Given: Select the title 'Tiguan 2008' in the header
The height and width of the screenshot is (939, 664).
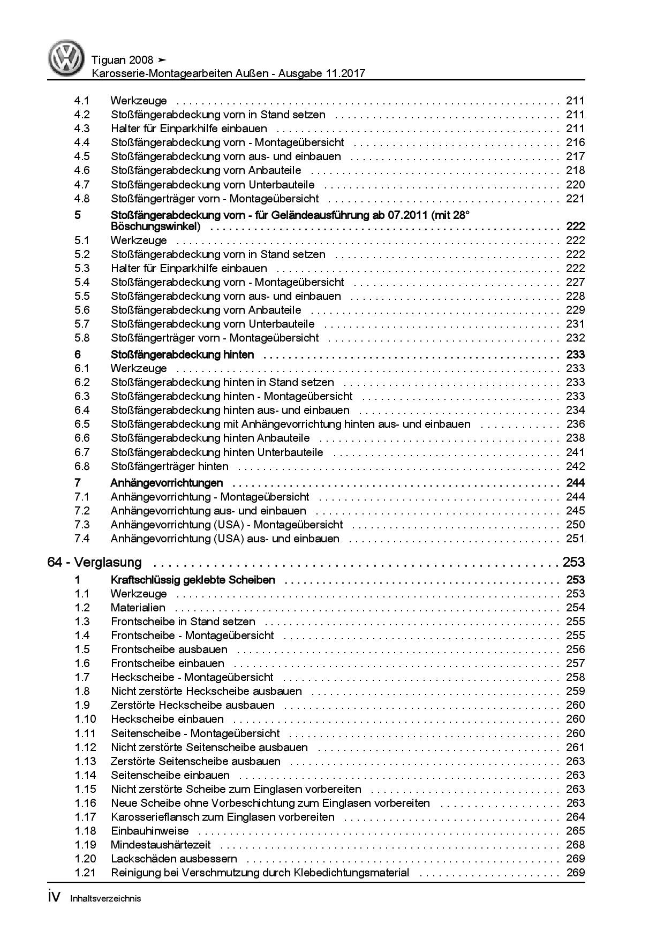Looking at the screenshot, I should (x=122, y=60).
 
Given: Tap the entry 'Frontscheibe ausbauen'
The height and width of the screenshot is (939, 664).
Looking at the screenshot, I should (x=169, y=649).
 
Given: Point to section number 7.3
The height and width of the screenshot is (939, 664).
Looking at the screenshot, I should (x=82, y=525).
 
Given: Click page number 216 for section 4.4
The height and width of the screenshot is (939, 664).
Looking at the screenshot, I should (x=575, y=142).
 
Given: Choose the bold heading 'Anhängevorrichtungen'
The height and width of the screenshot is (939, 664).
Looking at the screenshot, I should (x=167, y=483).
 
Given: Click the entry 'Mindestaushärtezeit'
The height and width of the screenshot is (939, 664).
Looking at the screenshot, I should (x=161, y=845).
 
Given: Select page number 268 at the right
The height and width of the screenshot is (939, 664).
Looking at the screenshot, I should (x=575, y=845).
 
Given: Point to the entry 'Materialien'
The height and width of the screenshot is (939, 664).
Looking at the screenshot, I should (x=138, y=608).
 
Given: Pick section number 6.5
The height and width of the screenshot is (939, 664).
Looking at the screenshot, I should (x=82, y=424).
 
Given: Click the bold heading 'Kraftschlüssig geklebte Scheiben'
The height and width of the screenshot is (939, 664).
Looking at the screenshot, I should (x=193, y=580).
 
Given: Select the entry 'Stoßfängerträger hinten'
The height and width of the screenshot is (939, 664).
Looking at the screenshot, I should (x=170, y=466).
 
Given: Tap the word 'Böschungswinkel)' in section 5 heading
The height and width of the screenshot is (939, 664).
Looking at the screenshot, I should (x=156, y=226).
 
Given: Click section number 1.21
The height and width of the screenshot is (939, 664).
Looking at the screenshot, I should (x=85, y=873).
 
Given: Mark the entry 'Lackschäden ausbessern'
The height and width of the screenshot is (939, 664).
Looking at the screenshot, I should (x=174, y=859).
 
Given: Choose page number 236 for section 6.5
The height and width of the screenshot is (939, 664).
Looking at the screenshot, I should (x=575, y=424).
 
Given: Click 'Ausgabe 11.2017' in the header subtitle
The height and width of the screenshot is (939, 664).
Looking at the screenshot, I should (x=321, y=74).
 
